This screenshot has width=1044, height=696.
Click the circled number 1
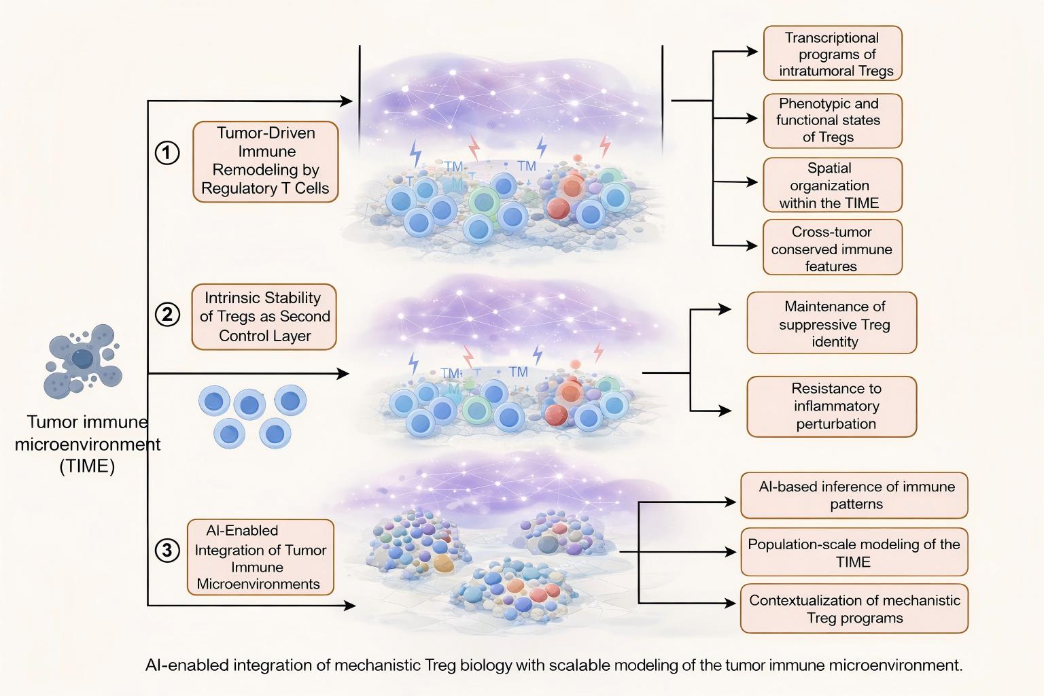click(167, 152)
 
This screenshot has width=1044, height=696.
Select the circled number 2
click(167, 315)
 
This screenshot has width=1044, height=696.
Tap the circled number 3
click(167, 549)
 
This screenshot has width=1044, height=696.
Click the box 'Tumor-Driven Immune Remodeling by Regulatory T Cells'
click(266, 161)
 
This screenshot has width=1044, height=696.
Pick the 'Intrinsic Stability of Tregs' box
click(264, 317)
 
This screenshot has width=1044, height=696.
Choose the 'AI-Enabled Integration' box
click(260, 557)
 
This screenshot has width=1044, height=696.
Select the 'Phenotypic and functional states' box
click(833, 120)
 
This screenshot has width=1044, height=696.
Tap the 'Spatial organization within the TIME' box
click(833, 186)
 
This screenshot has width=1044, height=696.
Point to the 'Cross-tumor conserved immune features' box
click(833, 248)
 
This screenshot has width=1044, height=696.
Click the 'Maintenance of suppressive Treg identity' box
click(832, 324)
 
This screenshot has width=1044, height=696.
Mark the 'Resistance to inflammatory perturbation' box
click(832, 406)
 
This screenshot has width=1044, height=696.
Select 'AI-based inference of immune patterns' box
click(854, 495)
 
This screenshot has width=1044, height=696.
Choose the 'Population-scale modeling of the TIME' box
click(854, 553)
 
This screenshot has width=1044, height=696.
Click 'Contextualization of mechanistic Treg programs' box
click(854, 609)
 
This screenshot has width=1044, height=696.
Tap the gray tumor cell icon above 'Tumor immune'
click(82, 360)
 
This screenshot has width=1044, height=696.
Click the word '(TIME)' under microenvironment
click(87, 467)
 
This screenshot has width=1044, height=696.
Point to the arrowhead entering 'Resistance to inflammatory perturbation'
click(726, 411)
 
